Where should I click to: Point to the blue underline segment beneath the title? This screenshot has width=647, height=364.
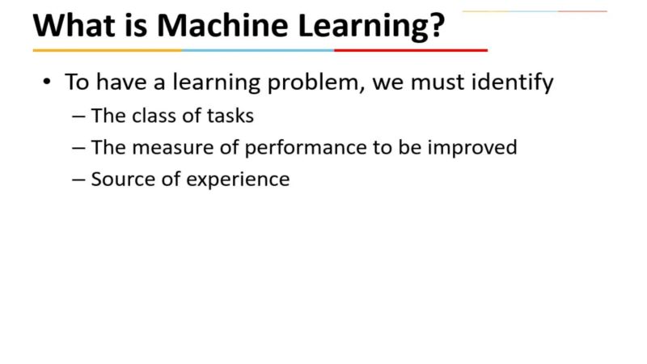[258, 50]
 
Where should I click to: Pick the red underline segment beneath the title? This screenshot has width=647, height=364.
[411, 50]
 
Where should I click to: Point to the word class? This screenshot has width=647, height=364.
[152, 116]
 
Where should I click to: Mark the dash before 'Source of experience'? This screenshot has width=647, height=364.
[78, 180]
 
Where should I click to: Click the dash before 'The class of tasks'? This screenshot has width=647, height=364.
[78, 116]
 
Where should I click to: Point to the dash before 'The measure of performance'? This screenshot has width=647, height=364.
[78, 148]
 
